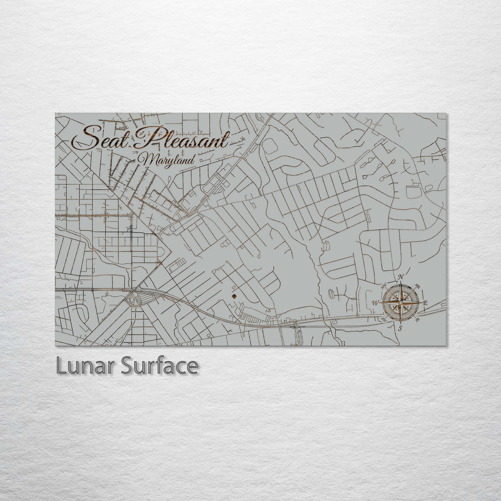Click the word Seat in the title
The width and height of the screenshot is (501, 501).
[99, 138]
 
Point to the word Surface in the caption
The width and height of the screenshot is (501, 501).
[160, 366]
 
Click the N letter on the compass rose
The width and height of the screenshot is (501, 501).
[401, 278]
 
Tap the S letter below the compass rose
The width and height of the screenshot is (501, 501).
[401, 328]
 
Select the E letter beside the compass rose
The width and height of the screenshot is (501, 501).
[425, 303]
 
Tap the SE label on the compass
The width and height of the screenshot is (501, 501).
[417, 320]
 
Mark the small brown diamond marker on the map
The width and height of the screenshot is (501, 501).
[234, 295]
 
